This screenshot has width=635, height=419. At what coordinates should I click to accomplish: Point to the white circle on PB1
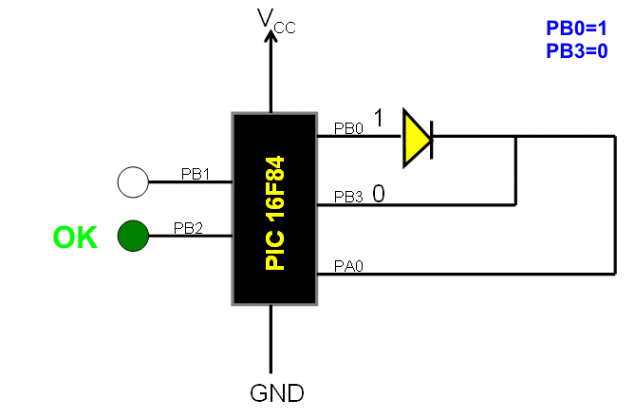pos(133,181)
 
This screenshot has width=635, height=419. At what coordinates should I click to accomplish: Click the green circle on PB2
pos(133,236)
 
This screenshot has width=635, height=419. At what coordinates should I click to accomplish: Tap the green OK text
pos(75,237)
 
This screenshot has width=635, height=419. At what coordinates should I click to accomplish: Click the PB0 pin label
pos(348,128)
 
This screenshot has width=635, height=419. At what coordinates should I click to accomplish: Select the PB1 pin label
pos(195,174)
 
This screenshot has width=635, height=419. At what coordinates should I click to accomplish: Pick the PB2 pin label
pos(187,228)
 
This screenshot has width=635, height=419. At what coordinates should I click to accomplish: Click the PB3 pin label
pos(348,197)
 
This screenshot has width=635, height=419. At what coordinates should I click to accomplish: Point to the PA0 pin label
pos(347,267)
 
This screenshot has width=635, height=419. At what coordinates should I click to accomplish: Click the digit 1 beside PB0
pos(379,119)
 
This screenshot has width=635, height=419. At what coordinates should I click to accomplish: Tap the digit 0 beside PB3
pos(379,194)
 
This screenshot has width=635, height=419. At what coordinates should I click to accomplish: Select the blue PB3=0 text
pos(576,51)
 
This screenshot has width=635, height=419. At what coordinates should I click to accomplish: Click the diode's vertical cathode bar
pos(433,136)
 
